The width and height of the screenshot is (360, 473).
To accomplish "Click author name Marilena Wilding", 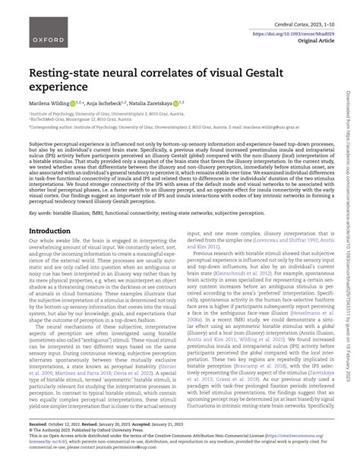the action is [54, 103].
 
